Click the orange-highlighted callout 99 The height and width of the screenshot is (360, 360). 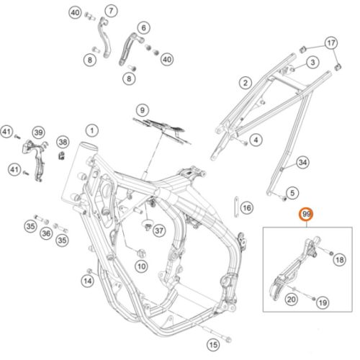point(307,214)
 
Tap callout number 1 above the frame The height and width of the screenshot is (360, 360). point(92,131)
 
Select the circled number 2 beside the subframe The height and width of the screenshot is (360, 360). point(246,83)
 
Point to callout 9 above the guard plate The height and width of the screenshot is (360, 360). point(143,110)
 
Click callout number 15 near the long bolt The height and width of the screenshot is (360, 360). point(213,345)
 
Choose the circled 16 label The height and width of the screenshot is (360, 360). point(247,208)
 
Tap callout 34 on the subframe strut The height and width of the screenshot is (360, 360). point(302,163)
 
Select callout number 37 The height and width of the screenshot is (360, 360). point(159,230)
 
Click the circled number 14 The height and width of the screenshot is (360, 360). point(88,281)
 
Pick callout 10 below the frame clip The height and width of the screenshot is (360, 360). point(142,266)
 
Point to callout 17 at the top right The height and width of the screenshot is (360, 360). point(331,43)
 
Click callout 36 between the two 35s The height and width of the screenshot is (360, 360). point(46,233)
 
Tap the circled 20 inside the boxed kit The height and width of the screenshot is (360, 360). point(292,300)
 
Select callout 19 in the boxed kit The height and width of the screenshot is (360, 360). point(323,303)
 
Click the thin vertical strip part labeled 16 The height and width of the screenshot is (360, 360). point(236,207)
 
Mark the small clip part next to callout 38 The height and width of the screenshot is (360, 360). point(62,156)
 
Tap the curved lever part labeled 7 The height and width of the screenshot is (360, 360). point(107,38)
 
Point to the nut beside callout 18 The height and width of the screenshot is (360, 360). point(330,253)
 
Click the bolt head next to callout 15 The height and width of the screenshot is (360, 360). point(228,339)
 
